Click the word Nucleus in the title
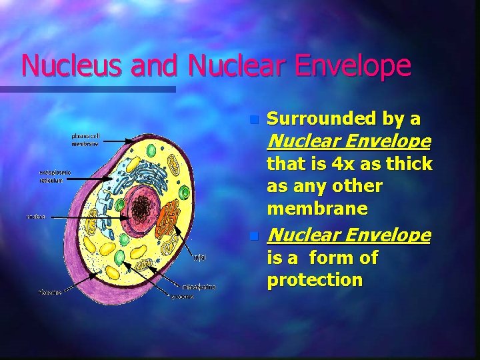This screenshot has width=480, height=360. tap(61, 65)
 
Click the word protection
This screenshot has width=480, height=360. tap(315, 280)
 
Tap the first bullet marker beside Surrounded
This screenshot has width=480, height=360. tap(253, 121)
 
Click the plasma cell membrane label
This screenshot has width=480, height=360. tap(85, 139)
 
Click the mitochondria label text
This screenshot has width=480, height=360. tap(199, 287)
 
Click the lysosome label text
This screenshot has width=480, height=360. tap(182, 297)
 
